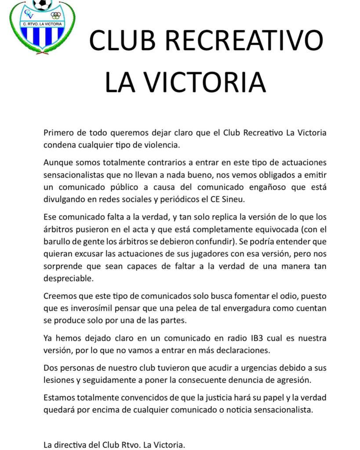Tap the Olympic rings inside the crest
(55, 15)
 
